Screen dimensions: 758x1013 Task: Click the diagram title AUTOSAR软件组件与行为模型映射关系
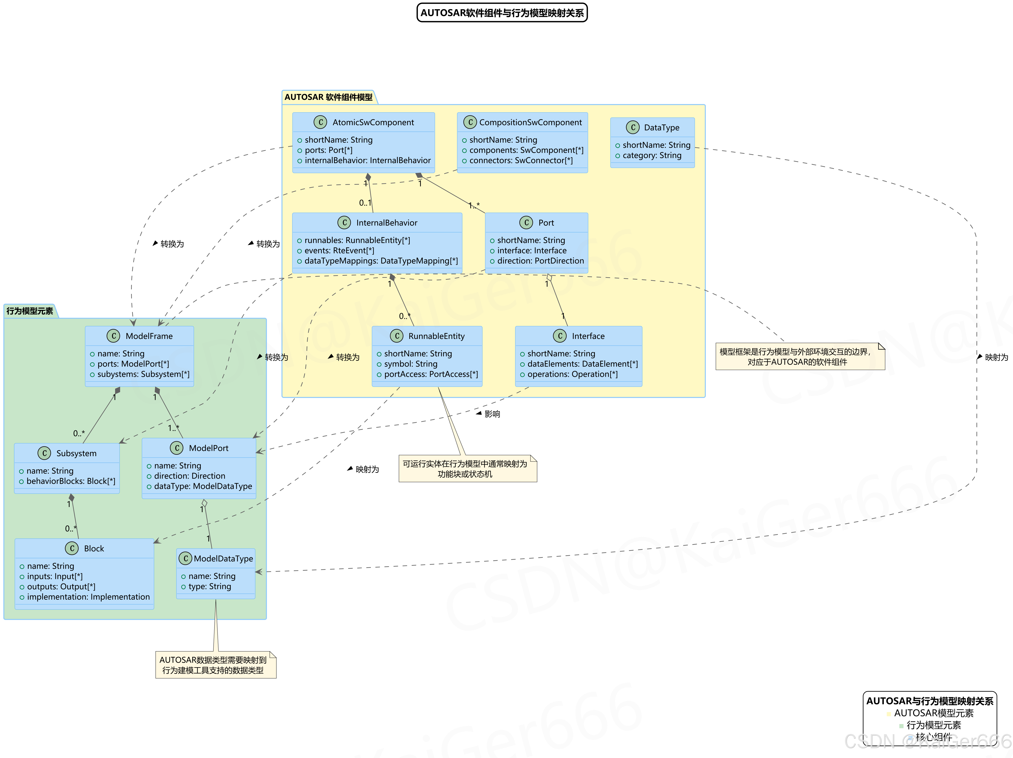502,13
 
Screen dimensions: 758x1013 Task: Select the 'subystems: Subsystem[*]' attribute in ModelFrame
143,374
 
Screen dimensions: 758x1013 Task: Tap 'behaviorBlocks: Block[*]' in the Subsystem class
71,481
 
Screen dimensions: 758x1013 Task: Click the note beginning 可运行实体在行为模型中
465,469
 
